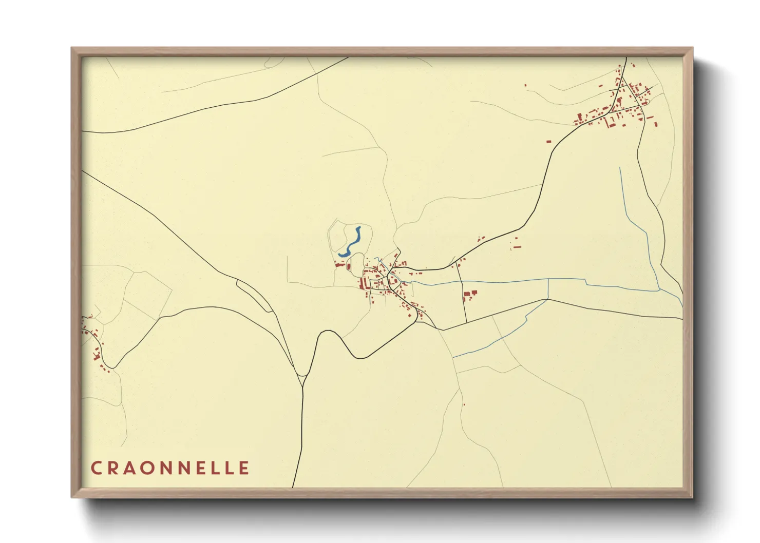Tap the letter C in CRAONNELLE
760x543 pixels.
[96, 468]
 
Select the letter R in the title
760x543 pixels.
[114, 468]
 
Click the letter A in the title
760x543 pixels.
[132, 468]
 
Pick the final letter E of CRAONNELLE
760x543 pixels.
[244, 468]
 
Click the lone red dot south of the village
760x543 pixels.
[464, 405]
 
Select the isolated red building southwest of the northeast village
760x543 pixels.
[548, 141]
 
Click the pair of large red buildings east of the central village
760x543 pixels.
[470, 294]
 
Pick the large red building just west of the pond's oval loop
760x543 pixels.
[339, 264]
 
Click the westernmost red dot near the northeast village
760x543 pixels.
[525, 86]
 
